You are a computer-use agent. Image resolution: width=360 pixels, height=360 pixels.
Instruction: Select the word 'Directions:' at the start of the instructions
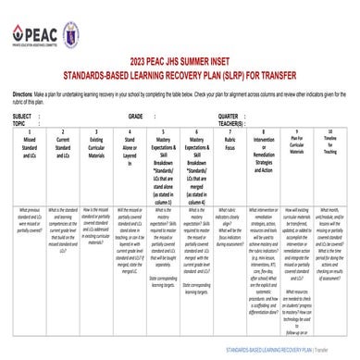(23, 93)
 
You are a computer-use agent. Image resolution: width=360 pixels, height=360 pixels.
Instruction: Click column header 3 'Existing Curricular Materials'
(96, 146)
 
